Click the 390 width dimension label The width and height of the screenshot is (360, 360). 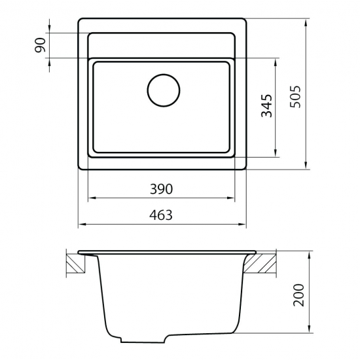[161, 189]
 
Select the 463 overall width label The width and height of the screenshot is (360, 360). [161, 215]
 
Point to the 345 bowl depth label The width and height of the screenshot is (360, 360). [266, 105]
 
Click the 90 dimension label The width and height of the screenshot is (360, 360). [40, 45]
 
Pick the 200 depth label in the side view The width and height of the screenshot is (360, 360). [298, 295]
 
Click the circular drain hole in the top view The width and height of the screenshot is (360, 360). [162, 91]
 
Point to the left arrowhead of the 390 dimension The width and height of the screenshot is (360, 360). [90, 197]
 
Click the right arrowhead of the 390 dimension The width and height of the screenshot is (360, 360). [234, 197]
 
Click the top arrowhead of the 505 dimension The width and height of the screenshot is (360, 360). [308, 21]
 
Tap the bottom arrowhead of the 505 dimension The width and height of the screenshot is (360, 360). [308, 168]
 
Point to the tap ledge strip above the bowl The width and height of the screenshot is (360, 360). [162, 45]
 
